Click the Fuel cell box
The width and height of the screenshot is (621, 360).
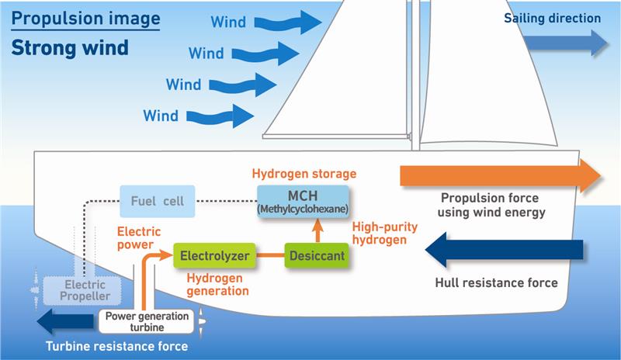[157, 201]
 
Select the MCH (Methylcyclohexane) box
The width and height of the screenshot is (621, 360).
[303, 201]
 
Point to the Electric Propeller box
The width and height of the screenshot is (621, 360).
[75, 289]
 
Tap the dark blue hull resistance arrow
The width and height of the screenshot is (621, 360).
[505, 250]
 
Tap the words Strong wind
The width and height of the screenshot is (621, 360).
[69, 48]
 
